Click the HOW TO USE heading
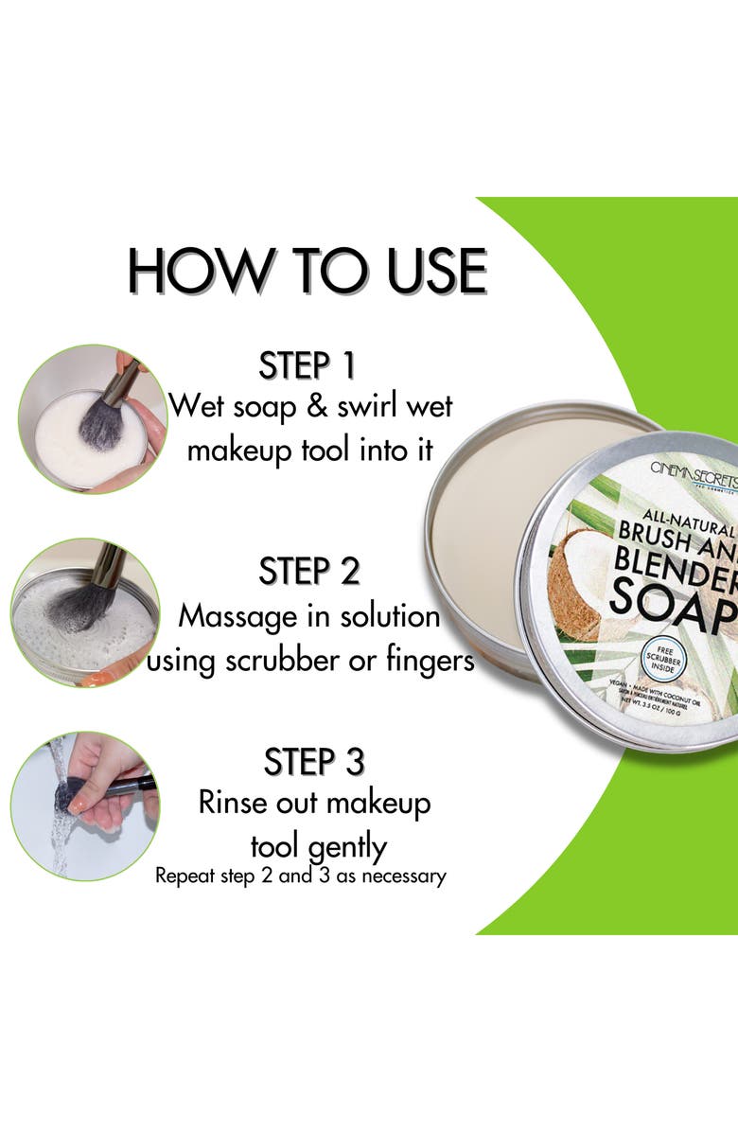point(307,271)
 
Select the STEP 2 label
point(309,571)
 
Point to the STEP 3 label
point(314,761)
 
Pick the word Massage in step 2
point(232,617)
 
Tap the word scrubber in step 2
point(307,660)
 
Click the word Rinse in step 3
point(230,803)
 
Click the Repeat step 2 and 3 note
point(300,876)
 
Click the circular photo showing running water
point(84,805)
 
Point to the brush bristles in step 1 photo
point(100,424)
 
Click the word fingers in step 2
point(426,660)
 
